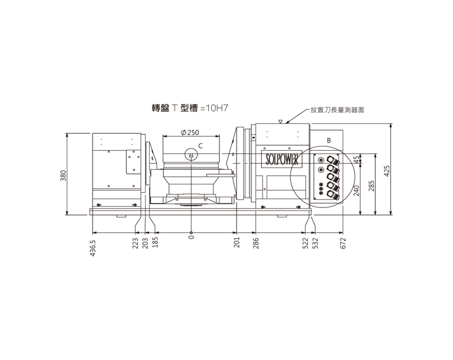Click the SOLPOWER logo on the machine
point(281,158)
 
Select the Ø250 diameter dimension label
point(190,133)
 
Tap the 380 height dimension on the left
point(63,176)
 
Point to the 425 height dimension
point(387,171)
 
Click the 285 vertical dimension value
point(372,186)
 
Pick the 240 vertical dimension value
point(356,190)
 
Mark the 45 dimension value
point(357,158)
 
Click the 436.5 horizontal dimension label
point(93,248)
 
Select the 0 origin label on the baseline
point(191,237)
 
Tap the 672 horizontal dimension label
point(343,243)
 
